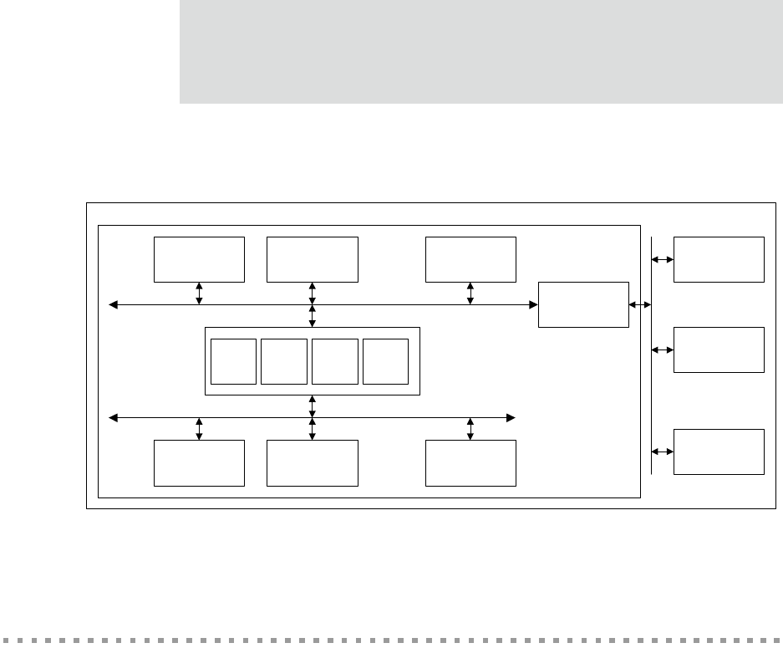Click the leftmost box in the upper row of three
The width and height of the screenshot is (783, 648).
tap(199, 259)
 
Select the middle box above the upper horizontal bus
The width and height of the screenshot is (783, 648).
tap(313, 259)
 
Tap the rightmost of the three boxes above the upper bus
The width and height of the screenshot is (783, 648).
tap(470, 259)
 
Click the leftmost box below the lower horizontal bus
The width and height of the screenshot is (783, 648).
tap(199, 463)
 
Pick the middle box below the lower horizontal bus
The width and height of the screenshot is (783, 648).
tap(313, 463)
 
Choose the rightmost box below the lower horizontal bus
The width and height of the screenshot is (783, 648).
tap(470, 463)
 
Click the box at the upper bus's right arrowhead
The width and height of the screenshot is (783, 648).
tap(584, 304)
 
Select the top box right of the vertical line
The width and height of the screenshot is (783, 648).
tap(719, 259)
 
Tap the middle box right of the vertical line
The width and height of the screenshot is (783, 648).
tap(719, 350)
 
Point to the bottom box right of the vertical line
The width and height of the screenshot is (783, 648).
tap(719, 452)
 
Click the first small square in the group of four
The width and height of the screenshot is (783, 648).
tap(233, 361)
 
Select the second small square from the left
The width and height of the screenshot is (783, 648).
tap(284, 361)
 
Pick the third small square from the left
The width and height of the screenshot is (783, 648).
tap(335, 361)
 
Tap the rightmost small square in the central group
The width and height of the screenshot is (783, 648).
tap(386, 361)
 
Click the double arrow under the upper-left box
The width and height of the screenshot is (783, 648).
tap(199, 293)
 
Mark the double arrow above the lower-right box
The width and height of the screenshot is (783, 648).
tap(470, 428)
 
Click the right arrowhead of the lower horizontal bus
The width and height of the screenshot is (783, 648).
tap(511, 416)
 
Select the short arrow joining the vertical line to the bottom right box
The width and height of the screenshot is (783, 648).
tap(663, 452)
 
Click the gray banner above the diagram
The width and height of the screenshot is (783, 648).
tap(480, 52)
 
